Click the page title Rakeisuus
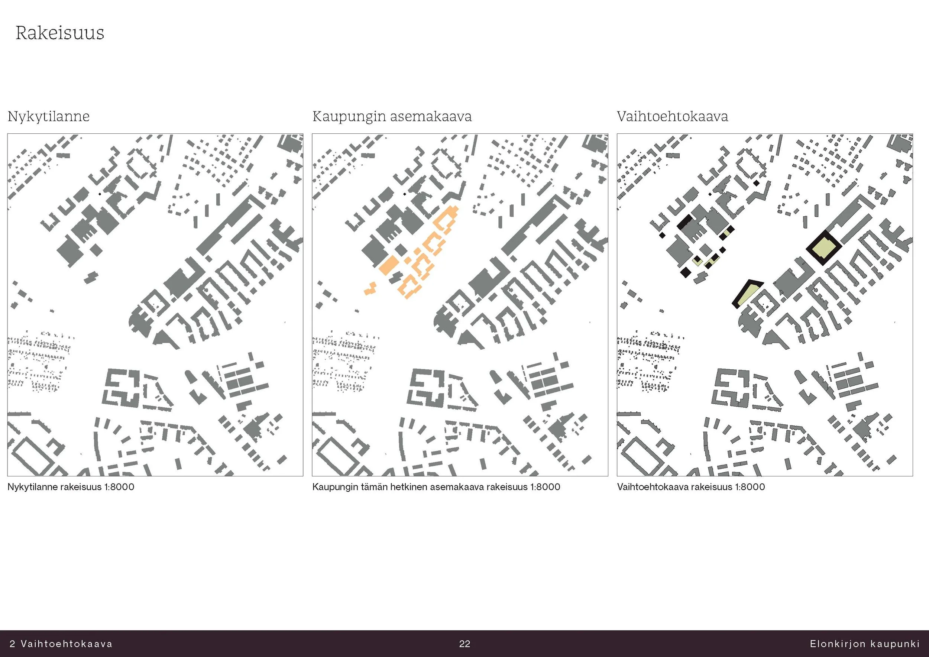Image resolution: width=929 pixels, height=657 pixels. point(60,33)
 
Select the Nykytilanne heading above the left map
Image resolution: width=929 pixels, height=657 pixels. point(49,117)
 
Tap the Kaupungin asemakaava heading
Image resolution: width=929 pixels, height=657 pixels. point(392,117)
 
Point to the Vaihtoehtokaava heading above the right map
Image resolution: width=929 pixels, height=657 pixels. point(673,117)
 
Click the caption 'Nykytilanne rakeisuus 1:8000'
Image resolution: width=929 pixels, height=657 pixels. point(71,487)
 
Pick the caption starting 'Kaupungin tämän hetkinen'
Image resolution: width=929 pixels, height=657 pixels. point(436,487)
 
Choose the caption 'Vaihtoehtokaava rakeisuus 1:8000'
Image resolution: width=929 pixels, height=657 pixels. point(691,487)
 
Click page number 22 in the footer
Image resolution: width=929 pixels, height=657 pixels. point(464,644)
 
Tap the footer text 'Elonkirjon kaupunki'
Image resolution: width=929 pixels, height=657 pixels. point(865,644)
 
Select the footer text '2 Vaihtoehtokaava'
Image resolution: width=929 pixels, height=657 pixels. point(61,644)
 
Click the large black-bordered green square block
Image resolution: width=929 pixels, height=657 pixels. point(824,247)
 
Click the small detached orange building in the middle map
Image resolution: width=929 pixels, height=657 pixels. point(370,289)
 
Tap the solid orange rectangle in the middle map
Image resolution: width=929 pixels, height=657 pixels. point(389,265)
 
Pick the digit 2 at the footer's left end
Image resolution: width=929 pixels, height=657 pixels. point(12,644)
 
